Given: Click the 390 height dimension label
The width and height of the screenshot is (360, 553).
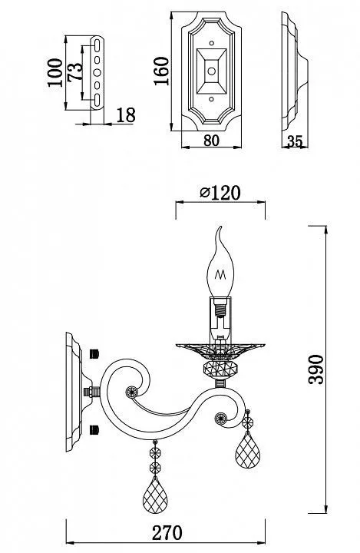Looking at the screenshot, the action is point(315,369).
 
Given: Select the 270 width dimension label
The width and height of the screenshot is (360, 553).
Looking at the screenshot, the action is point(167,532).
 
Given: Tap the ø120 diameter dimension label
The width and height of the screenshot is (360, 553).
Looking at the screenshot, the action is point(220,193).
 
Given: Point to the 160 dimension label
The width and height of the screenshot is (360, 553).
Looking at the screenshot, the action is point(161,71).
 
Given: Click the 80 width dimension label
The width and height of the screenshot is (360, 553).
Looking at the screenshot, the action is point(212,141).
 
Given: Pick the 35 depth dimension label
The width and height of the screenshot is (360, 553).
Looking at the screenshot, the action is point(295,141).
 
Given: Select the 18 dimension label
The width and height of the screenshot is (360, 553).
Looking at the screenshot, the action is point(126,115).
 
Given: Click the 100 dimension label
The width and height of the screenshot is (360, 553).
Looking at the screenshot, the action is point(55,73).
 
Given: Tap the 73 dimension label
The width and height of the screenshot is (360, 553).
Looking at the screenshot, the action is point(74,72).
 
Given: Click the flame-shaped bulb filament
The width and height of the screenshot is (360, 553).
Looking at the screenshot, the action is point(220,274).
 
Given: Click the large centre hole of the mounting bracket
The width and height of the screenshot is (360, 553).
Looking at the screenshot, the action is point(97,72).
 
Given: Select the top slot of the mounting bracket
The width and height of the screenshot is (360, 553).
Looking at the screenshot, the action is point(97,46).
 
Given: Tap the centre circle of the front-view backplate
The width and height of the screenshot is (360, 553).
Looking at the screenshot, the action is point(211,71).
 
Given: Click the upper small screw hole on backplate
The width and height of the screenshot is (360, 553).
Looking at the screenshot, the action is point(212,43).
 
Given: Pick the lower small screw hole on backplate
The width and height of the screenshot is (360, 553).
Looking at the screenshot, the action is point(212,99).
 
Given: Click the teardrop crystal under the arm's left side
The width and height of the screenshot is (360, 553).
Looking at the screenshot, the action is point(155,495).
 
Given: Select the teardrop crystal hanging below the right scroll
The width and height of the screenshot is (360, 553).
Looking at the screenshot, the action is point(247,449).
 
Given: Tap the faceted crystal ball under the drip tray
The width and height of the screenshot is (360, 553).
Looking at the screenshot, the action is point(220,369).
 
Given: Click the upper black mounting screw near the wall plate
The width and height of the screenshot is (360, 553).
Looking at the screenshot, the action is point(94,354).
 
